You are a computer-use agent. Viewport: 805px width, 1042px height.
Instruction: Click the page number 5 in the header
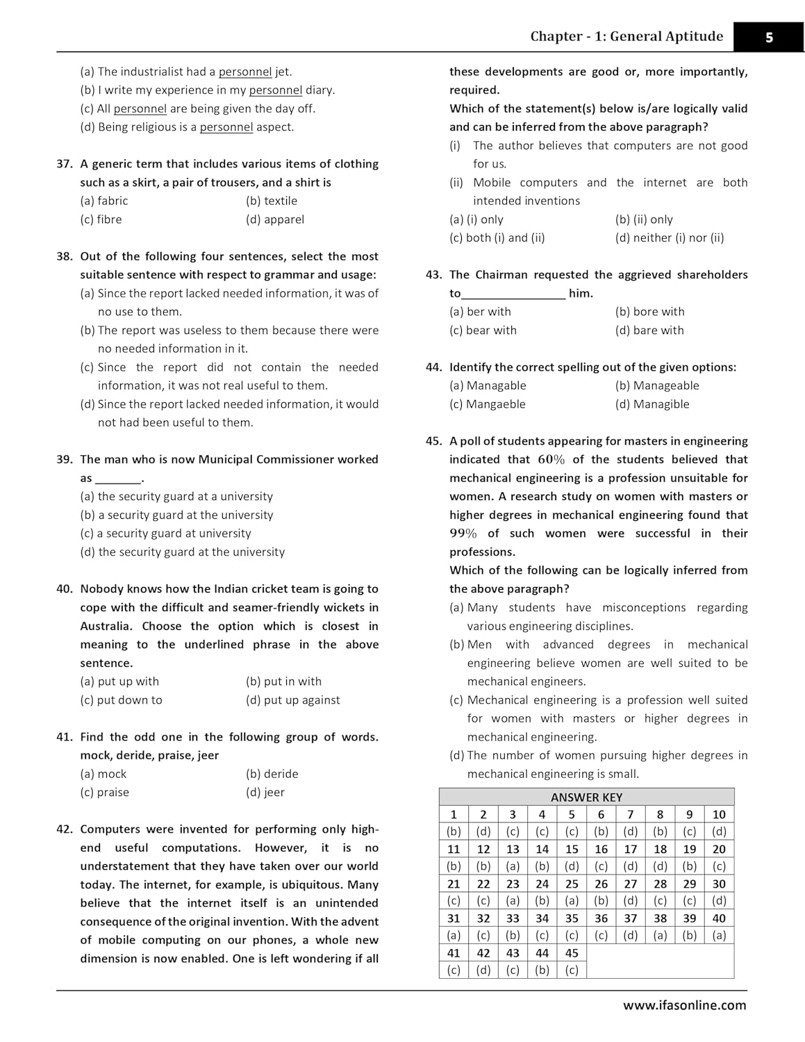click(769, 38)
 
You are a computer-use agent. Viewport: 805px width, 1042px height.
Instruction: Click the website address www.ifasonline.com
click(684, 1005)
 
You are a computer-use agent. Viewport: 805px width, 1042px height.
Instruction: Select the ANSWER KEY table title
click(586, 797)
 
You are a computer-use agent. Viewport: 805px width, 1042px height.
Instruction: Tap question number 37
click(65, 164)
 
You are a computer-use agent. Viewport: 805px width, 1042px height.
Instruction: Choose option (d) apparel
click(275, 220)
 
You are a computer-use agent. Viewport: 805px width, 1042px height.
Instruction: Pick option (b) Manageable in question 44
click(657, 386)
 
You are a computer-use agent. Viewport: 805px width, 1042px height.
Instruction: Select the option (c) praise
click(105, 793)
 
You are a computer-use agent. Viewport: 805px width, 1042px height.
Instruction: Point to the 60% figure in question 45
click(551, 460)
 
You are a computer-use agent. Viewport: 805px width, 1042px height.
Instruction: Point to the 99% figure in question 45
click(463, 534)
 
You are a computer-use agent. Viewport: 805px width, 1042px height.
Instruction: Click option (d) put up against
click(293, 700)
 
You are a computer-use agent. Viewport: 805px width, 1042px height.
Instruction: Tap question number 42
click(65, 829)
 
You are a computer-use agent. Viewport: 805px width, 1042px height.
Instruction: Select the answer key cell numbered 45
click(572, 953)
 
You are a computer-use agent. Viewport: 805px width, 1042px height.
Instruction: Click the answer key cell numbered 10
click(719, 815)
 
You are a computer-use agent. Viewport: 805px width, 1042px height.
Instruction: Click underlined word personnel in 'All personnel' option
click(140, 109)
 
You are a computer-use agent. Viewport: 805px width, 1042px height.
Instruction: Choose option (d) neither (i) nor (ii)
click(670, 238)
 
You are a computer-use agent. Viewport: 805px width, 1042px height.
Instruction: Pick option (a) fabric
click(104, 201)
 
